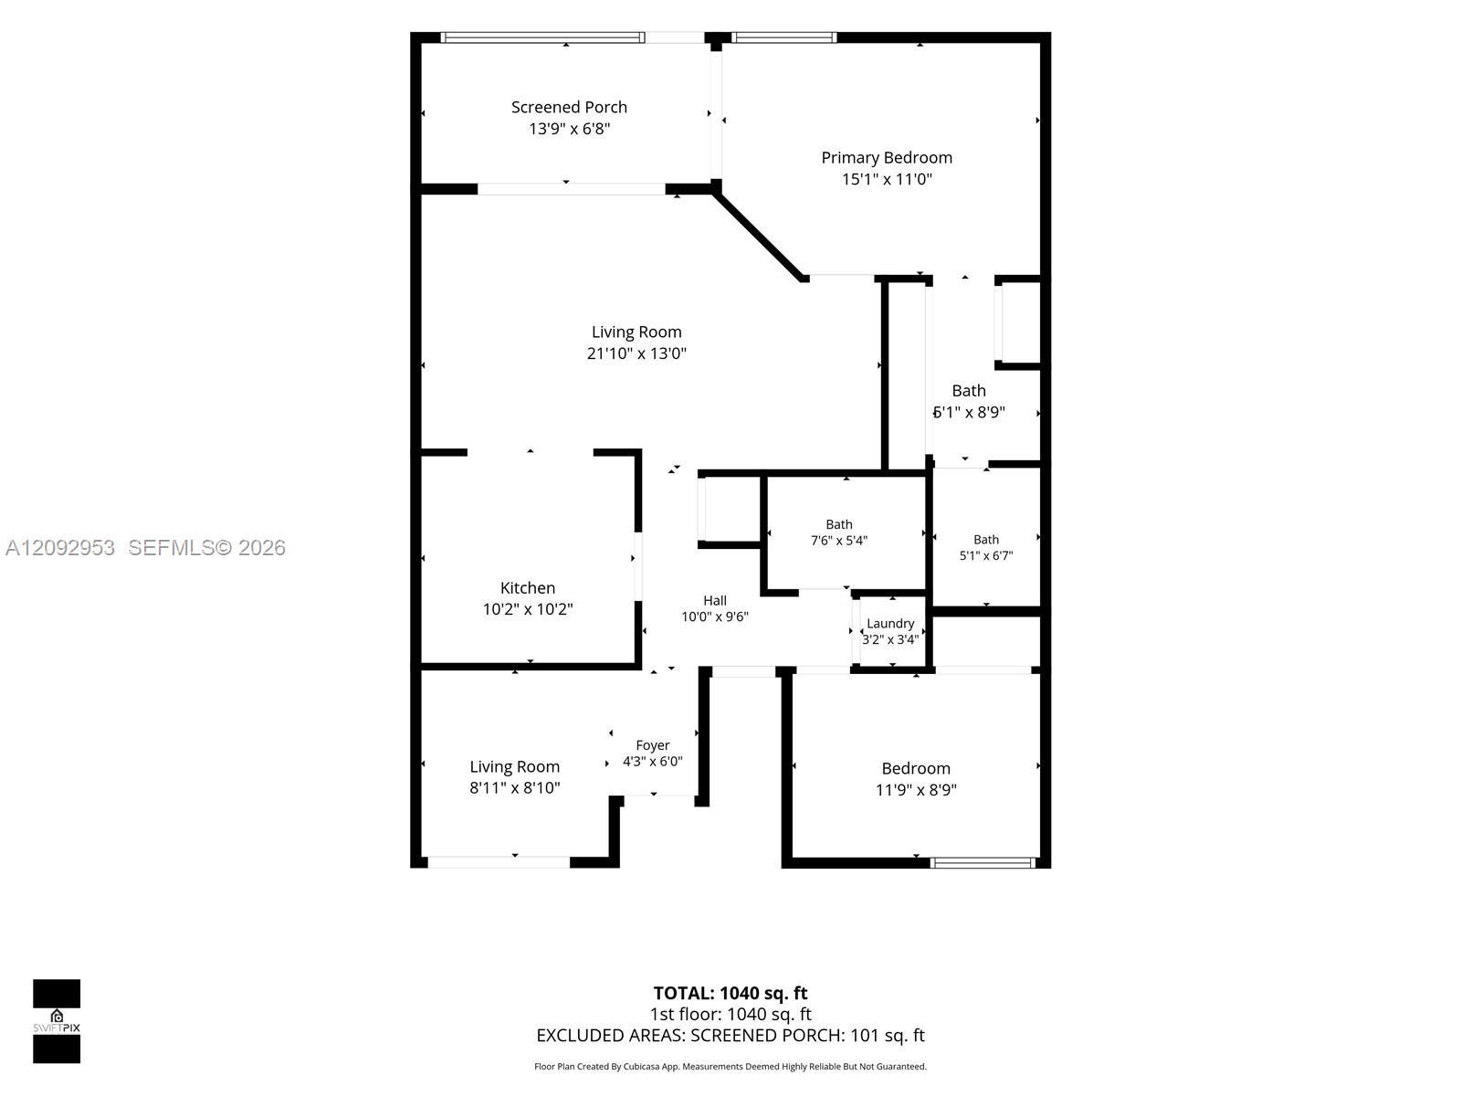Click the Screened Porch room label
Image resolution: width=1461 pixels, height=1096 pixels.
pos(569,107)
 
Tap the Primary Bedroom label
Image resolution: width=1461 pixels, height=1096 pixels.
pos(887,158)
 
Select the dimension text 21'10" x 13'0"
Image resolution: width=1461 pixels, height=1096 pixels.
pos(636,353)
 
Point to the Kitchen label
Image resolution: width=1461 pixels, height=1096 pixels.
pos(527,587)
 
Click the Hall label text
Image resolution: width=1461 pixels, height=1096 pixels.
pos(715,600)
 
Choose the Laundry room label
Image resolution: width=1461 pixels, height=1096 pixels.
pos(890,624)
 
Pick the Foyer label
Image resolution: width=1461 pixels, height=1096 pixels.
pos(652,745)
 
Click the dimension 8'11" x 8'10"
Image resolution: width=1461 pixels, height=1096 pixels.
pos(514,788)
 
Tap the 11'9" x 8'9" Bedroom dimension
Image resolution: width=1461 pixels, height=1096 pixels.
pos(916,790)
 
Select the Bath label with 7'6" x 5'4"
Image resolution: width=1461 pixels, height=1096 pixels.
pos(838,524)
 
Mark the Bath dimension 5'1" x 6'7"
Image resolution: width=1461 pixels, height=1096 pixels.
pos(986,555)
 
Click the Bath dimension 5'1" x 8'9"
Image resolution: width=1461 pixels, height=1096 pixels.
pos(969,413)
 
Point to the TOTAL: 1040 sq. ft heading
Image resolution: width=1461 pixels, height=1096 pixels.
pos(730,993)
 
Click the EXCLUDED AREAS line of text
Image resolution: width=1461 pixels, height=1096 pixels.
pos(730,1035)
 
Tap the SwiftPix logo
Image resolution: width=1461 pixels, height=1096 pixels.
pos(57,1021)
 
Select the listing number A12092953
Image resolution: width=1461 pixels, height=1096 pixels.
pos(60,548)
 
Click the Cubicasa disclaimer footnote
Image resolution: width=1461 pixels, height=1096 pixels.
pos(730,1066)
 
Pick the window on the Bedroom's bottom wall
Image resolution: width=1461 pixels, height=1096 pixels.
pos(983,863)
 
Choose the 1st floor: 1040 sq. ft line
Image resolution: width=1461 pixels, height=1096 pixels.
pos(730,1014)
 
